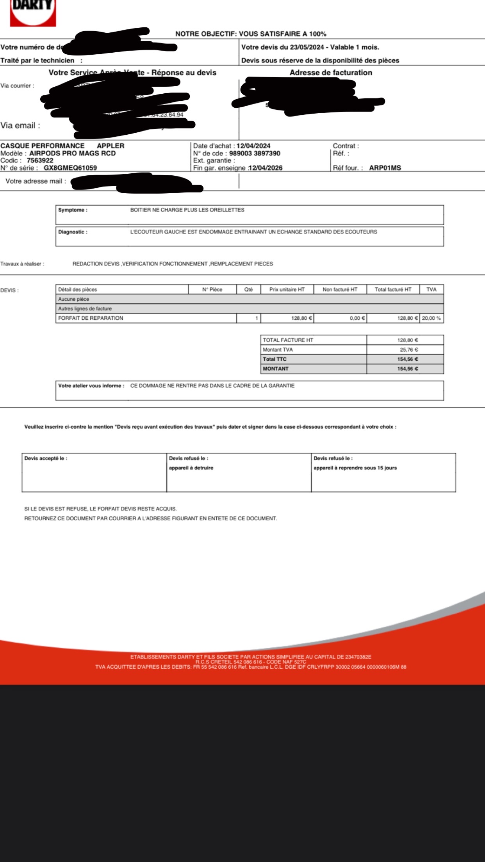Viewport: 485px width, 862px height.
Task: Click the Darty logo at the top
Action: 33,12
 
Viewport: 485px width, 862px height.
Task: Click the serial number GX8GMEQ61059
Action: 70,168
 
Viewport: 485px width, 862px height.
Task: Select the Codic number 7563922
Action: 40,160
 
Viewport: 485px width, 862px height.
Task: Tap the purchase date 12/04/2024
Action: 253,146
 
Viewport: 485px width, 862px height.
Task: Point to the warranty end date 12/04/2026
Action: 266,168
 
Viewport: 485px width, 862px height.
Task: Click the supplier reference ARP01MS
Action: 385,168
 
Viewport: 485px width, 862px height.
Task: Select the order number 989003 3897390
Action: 255,153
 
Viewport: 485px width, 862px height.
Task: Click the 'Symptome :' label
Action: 73,210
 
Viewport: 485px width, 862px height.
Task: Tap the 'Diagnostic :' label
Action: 73,232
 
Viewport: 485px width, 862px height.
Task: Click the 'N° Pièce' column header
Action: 212,290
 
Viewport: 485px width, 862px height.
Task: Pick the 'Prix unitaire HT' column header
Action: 287,290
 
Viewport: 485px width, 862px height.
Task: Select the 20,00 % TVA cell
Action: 431,318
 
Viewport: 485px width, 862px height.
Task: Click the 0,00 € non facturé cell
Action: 357,318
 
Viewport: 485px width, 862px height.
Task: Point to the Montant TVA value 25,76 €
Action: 409,350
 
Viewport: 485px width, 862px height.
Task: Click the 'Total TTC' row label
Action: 275,359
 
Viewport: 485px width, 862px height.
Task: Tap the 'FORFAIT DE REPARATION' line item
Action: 91,318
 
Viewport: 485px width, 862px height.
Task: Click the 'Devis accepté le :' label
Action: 46,458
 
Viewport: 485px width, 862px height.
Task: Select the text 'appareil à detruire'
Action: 191,468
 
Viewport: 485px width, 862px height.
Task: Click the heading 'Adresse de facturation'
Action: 331,73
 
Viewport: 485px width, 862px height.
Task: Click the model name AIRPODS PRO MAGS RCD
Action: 72,153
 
